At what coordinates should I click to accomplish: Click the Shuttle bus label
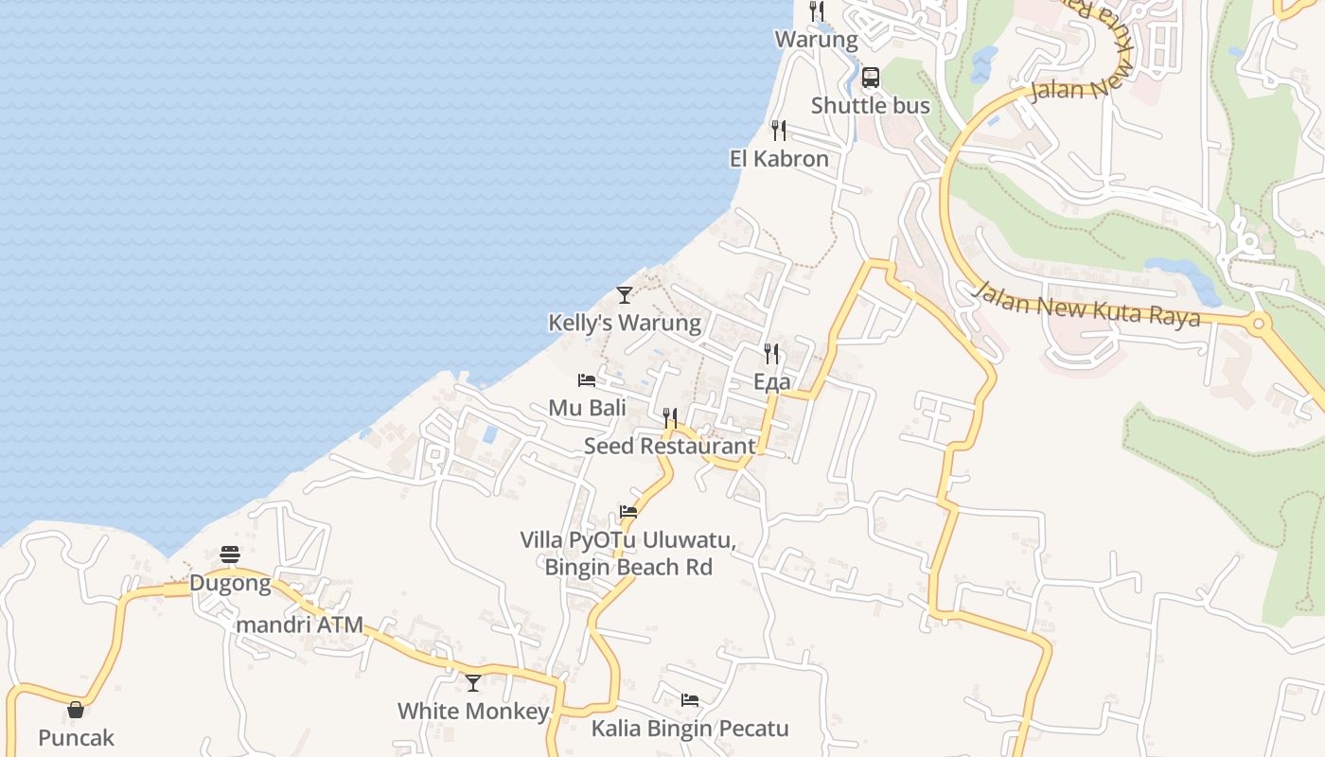point(871,106)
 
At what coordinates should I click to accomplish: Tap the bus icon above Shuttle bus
point(871,78)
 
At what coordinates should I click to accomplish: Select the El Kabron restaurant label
point(779,159)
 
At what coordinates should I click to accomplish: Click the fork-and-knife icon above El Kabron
point(779,131)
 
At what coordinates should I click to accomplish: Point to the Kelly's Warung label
point(625,324)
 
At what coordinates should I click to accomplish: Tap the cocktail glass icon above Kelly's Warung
point(624,295)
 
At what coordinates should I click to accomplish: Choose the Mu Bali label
point(588,408)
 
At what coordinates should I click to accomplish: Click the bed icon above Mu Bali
point(587,380)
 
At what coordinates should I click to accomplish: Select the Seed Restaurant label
point(670,446)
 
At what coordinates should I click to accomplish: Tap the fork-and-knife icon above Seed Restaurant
point(670,417)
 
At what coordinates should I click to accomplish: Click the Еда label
point(772,382)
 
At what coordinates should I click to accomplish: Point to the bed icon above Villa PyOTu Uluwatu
point(628,512)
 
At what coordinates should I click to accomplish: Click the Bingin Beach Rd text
point(628,568)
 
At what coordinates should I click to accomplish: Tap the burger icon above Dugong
point(230,555)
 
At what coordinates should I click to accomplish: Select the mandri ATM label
point(300,625)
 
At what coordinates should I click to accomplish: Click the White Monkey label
point(473,712)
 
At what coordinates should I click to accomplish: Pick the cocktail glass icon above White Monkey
point(473,682)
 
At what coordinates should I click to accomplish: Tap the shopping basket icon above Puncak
point(76,710)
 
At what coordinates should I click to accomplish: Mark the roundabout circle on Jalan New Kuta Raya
point(1258,325)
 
